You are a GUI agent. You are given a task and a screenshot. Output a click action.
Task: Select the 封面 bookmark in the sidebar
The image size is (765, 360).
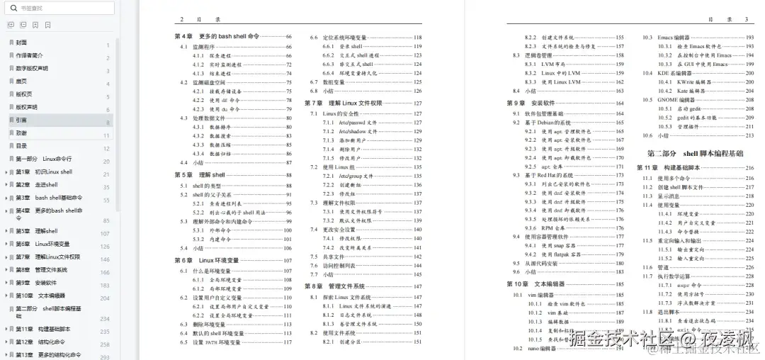coord(22,43)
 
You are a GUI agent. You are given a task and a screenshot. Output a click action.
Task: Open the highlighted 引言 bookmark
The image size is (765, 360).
coord(22,120)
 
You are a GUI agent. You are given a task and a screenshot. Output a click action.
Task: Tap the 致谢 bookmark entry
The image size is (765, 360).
coord(22,133)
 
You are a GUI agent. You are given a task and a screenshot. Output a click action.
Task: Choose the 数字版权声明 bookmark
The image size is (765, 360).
coord(32,69)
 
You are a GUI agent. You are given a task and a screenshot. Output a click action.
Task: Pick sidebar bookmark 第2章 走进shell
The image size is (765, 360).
coord(37,185)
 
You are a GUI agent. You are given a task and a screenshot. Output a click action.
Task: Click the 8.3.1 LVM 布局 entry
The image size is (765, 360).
coord(560,64)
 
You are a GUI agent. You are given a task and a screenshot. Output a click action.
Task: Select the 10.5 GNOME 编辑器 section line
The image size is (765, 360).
coord(676,100)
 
